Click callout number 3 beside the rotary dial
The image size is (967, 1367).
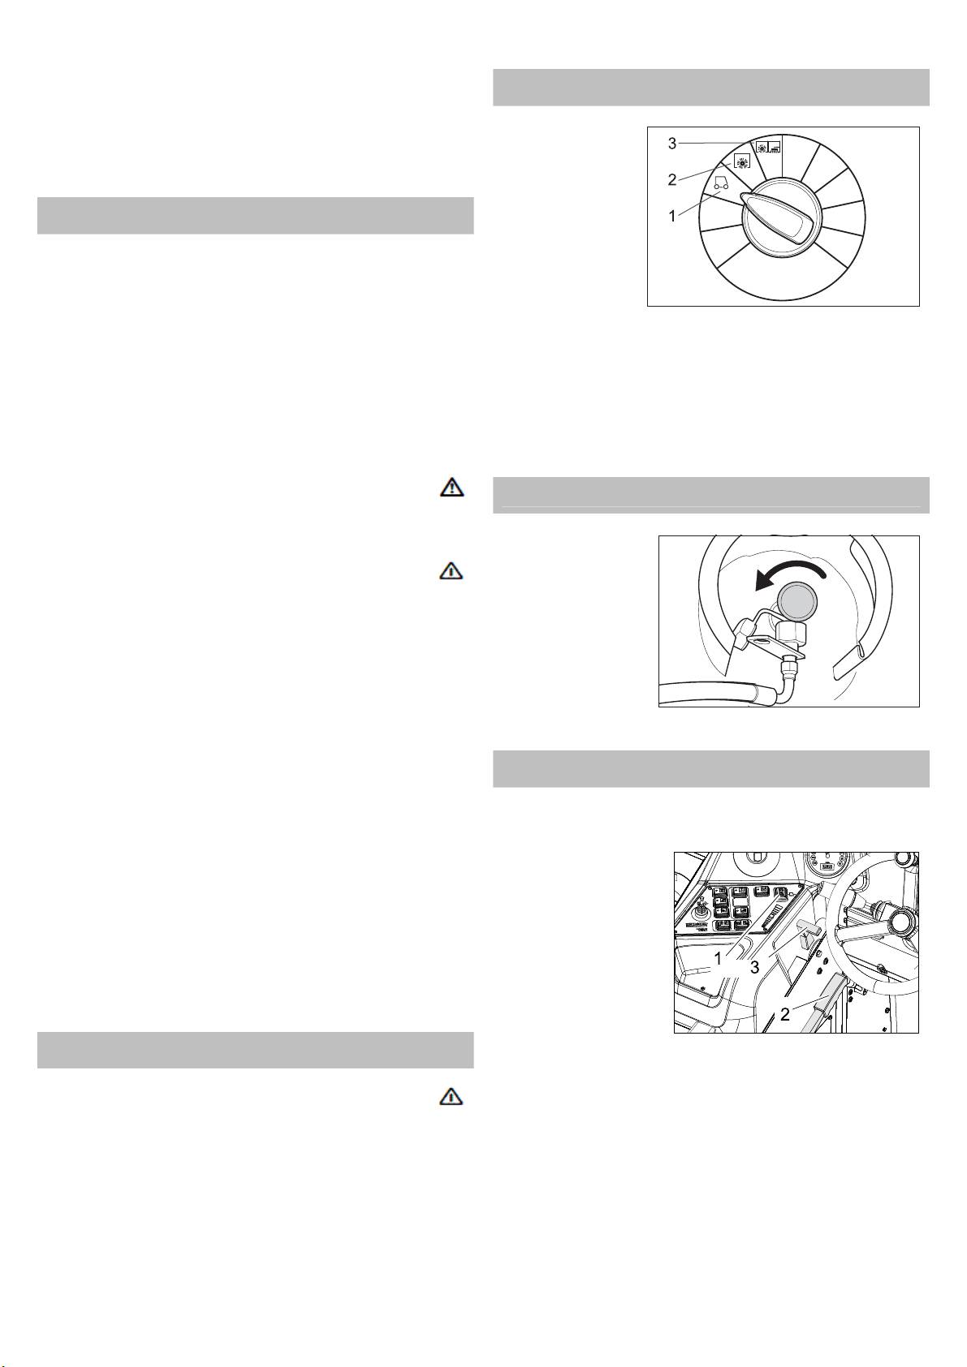(672, 144)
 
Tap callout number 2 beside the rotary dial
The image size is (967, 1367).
(672, 180)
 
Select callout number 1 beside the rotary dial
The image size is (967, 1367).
(672, 216)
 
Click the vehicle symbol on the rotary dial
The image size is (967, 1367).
(722, 184)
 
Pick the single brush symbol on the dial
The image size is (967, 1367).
(742, 162)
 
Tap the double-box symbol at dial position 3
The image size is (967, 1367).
(770, 147)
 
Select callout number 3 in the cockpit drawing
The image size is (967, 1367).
(754, 968)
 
